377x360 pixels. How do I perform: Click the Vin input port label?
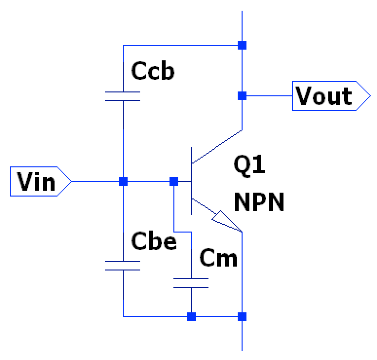point(36,181)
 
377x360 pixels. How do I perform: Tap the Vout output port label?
point(323,96)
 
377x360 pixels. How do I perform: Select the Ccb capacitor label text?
point(152,71)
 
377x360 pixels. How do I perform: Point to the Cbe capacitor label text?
point(154,241)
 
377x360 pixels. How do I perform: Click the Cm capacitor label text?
point(218,258)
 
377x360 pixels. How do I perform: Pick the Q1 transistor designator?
point(249,165)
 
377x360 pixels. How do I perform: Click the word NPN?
point(259,202)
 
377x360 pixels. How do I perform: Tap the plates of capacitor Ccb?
point(123,96)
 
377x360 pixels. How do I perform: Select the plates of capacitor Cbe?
point(123,266)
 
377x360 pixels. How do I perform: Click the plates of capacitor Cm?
point(191,283)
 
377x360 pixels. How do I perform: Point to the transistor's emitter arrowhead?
point(226,221)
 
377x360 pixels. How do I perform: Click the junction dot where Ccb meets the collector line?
point(242,45)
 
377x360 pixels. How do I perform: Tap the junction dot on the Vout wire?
point(242,96)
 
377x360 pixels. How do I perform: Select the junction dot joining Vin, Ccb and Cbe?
point(123,181)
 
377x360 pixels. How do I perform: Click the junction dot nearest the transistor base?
point(174,181)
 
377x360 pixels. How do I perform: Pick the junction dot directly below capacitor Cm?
point(191,317)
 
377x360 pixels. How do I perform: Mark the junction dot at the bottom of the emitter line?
point(242,317)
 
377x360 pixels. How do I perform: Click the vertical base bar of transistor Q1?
point(191,181)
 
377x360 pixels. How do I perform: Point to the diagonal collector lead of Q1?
point(217,147)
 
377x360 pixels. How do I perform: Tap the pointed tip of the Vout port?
point(371,96)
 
